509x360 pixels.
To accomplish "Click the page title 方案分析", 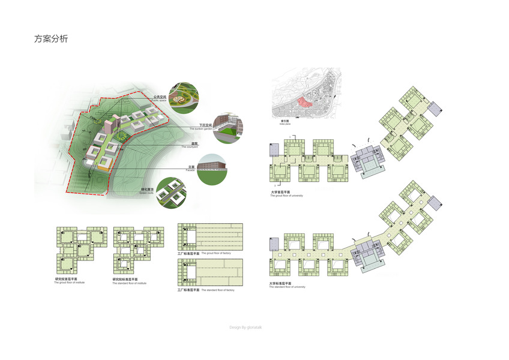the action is click(x=51, y=40).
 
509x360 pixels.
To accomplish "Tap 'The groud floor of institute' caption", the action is click(x=70, y=283).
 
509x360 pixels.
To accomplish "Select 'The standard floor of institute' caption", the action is click(x=129, y=283).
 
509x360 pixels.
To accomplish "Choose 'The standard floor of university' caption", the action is click(x=288, y=287).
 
